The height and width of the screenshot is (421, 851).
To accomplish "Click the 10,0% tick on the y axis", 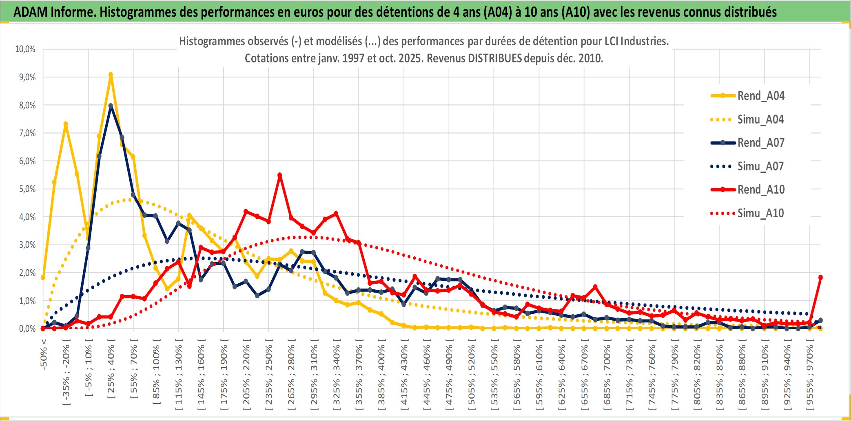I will (x=25, y=49).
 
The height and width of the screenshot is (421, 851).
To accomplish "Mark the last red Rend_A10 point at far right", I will (x=820, y=278).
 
